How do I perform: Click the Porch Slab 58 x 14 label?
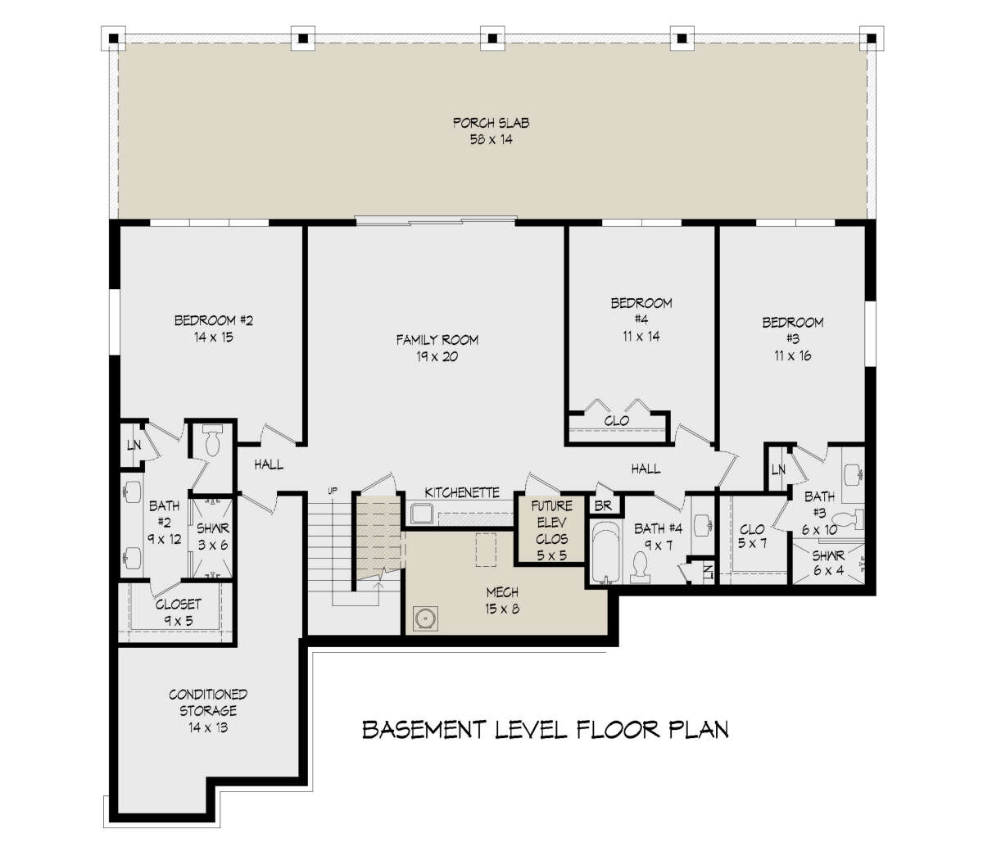(x=491, y=131)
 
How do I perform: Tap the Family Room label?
(x=437, y=340)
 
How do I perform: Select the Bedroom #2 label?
(x=213, y=320)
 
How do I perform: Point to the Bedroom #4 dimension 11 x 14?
(x=641, y=336)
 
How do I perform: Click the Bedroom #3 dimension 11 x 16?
(x=793, y=356)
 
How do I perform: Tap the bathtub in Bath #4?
(x=605, y=552)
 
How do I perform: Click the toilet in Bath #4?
(x=640, y=568)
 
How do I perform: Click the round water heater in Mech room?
(x=425, y=618)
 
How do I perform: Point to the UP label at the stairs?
(x=333, y=491)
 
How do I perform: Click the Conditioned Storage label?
(x=207, y=702)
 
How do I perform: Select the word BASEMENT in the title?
(x=424, y=730)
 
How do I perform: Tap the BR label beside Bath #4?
(x=603, y=506)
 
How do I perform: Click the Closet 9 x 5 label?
(x=179, y=613)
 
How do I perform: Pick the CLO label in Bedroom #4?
(x=616, y=421)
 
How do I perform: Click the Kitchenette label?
(x=462, y=492)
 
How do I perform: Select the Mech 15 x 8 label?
(x=502, y=600)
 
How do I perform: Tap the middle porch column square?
(x=492, y=38)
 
